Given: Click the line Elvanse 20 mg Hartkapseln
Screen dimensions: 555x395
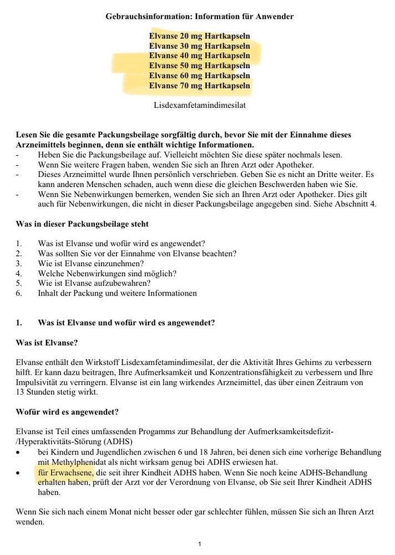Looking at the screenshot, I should pos(199,36).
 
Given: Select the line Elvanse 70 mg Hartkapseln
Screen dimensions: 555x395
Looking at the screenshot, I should pos(199,85).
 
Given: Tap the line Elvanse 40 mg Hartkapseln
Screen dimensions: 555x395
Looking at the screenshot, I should pos(199,56).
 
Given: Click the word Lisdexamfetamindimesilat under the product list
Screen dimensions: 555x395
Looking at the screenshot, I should pos(199,104).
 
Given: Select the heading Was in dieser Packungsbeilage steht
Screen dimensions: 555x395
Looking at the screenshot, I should pos(82,224).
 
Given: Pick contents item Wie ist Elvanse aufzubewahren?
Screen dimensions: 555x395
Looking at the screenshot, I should pos(98,283).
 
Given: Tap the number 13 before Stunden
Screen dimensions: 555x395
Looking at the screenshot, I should pos(21,392).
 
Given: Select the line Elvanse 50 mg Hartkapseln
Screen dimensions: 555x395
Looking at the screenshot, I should pos(199,65).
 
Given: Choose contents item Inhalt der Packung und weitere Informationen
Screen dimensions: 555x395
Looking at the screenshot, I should pos(117,293).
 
